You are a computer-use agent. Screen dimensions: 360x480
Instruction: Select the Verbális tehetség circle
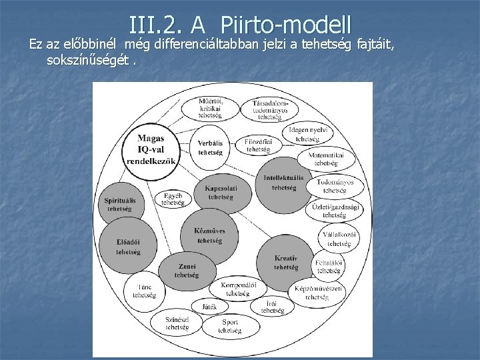210,147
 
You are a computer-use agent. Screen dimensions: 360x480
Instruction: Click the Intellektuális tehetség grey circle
283,182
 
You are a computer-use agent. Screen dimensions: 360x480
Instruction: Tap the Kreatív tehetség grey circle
286,261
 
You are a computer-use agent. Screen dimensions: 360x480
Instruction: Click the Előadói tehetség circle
127,246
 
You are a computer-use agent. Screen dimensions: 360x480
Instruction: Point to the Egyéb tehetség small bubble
172,199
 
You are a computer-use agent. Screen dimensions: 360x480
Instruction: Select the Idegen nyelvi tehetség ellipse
307,134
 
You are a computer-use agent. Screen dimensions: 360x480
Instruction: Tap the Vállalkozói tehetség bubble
334,239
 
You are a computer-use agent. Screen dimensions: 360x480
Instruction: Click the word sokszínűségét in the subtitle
87,61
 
